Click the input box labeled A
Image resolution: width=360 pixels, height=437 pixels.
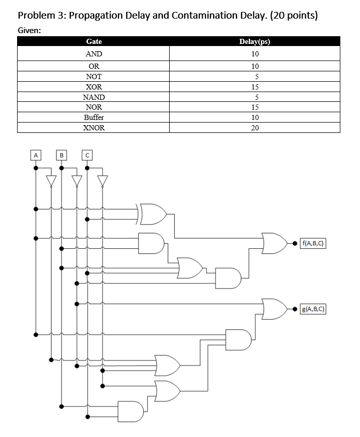pyautogui.click(x=35, y=155)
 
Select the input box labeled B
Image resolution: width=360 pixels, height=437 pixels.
pyautogui.click(x=62, y=155)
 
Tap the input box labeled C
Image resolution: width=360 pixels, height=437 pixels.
pyautogui.click(x=87, y=155)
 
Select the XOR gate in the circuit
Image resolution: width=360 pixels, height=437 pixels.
pyautogui.click(x=154, y=214)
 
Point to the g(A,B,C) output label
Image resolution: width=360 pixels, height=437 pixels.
pyautogui.click(x=314, y=309)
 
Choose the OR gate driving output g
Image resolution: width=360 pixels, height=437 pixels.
pyautogui.click(x=274, y=309)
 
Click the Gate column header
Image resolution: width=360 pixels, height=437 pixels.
pyautogui.click(x=94, y=41)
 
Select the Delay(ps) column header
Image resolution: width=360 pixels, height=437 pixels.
pyautogui.click(x=254, y=41)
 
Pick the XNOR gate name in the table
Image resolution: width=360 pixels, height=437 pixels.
pyautogui.click(x=94, y=128)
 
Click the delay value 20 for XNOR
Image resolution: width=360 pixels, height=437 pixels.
pyautogui.click(x=254, y=128)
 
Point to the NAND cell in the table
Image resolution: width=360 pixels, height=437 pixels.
pyautogui.click(x=94, y=97)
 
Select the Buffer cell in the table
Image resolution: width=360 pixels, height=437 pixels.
pyautogui.click(x=94, y=117)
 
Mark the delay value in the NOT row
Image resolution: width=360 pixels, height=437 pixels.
pyautogui.click(x=254, y=77)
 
